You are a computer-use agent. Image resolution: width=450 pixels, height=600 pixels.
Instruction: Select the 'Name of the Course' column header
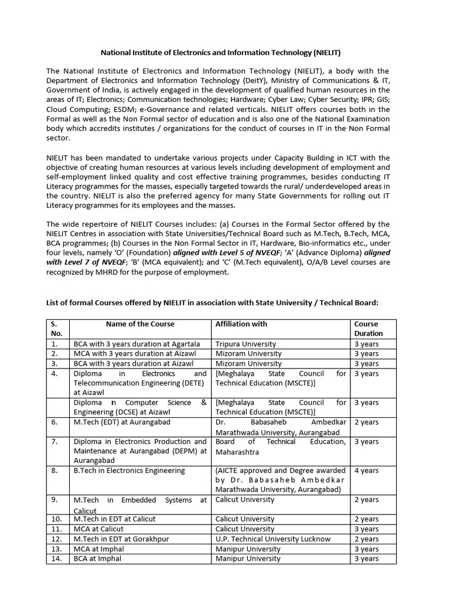click(139, 324)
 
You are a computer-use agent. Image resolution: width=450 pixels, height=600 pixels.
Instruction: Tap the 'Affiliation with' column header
click(241, 324)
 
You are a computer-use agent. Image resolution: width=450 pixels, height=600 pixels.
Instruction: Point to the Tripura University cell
click(246, 344)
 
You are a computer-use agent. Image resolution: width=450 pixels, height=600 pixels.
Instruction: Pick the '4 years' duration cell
click(367, 471)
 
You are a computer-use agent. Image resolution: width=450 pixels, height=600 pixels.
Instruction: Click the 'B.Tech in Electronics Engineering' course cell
click(129, 471)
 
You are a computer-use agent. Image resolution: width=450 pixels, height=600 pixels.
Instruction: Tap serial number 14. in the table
click(56, 559)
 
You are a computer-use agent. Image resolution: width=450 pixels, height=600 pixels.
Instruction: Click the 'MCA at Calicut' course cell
click(98, 529)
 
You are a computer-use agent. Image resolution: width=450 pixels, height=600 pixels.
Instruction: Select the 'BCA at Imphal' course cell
click(97, 559)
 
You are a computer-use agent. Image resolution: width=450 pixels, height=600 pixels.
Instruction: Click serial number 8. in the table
click(54, 471)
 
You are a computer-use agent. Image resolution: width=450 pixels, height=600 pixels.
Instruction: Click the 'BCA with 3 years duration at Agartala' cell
click(137, 344)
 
